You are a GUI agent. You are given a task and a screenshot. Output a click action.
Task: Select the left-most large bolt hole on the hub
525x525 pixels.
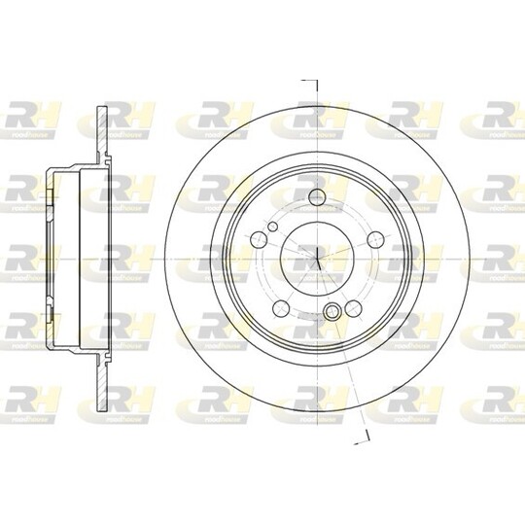259,239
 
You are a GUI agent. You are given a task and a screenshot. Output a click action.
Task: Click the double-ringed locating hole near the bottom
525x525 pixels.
333,312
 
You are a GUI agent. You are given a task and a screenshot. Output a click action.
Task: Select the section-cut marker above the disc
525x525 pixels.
312,82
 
